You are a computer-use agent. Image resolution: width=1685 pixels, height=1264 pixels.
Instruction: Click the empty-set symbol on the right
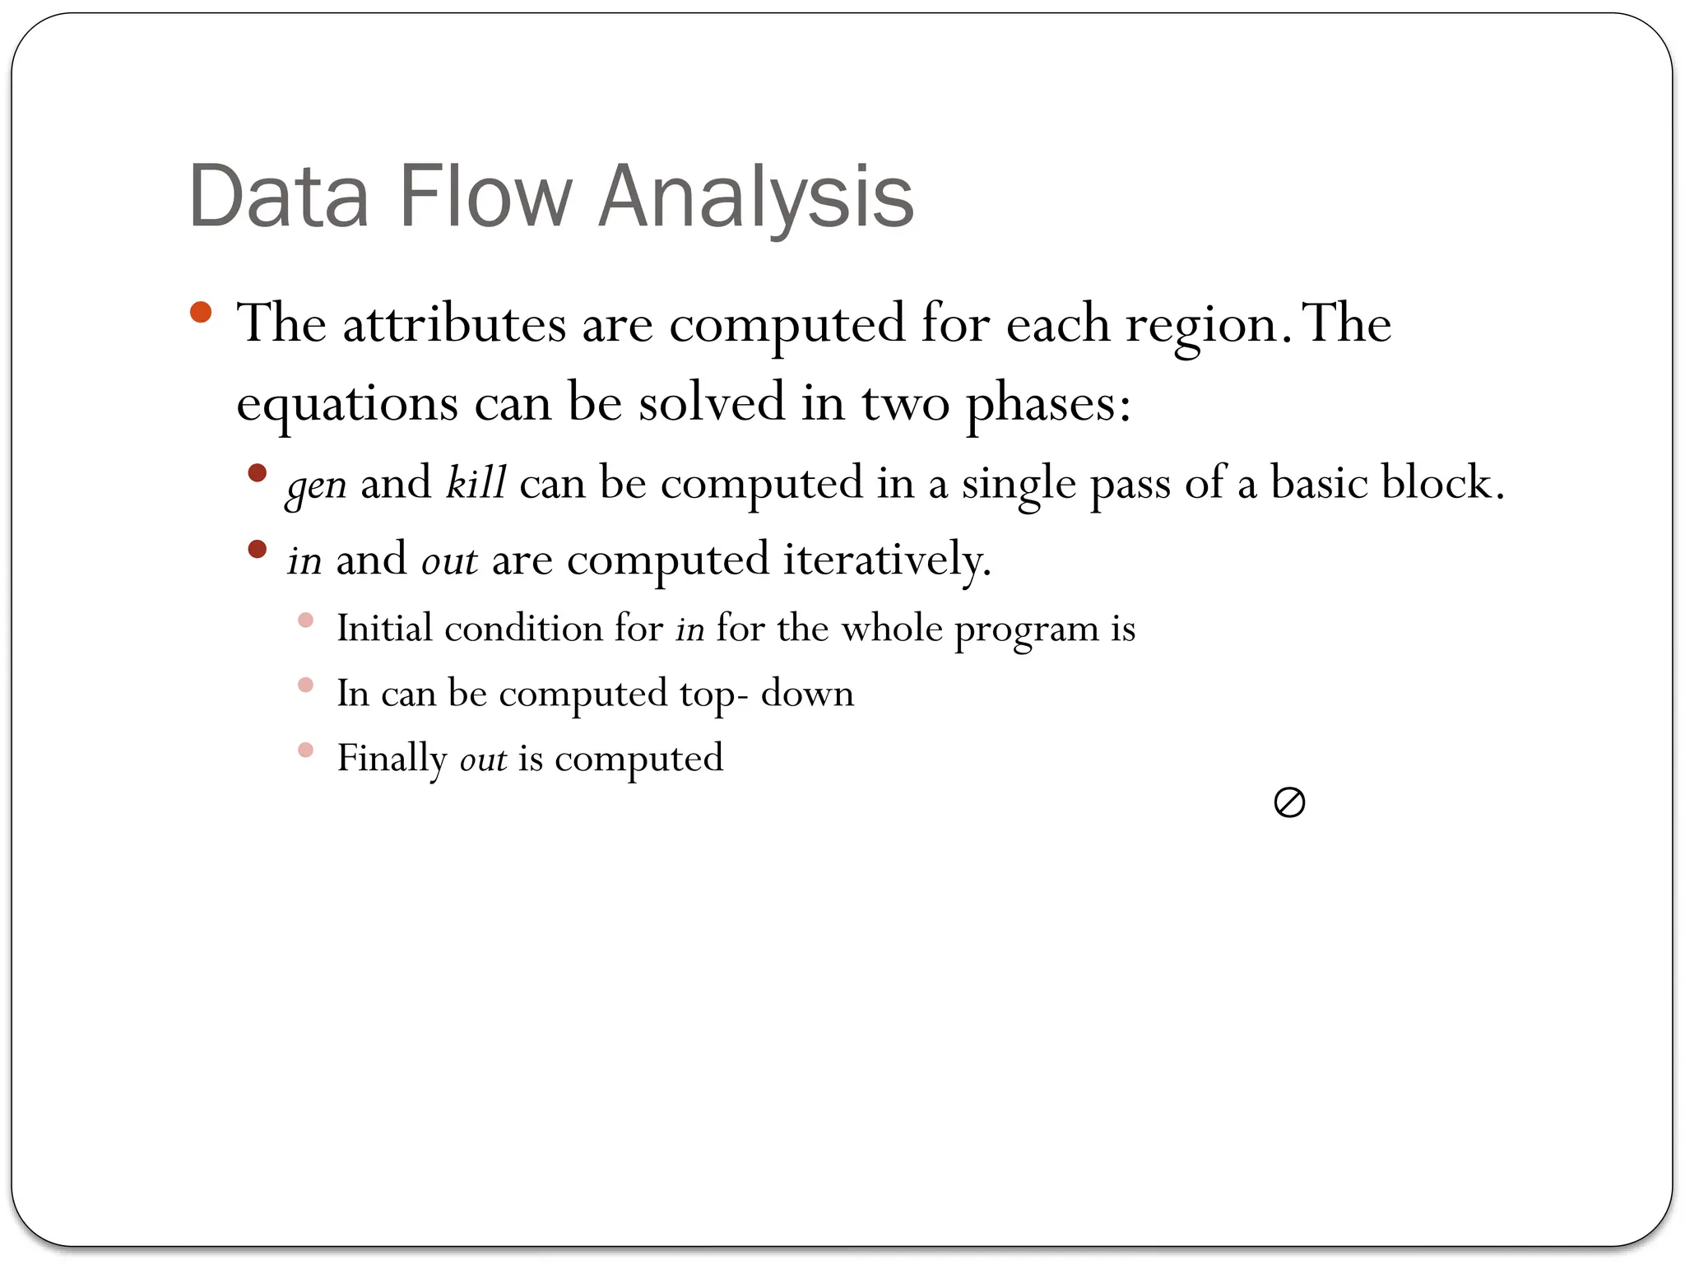click(x=1288, y=802)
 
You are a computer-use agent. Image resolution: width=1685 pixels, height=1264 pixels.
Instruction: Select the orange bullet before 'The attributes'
click(x=201, y=313)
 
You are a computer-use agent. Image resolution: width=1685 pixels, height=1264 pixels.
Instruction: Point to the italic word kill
click(x=476, y=482)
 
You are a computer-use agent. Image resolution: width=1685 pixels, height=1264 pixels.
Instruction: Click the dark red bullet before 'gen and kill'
click(x=258, y=472)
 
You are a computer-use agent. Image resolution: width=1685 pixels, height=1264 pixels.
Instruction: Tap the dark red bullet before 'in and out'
click(x=258, y=549)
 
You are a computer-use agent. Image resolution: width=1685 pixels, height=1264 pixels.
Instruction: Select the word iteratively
click(x=887, y=560)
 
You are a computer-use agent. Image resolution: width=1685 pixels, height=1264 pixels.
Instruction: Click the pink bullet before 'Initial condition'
click(x=305, y=620)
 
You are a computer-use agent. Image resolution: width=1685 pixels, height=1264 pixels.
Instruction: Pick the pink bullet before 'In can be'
click(x=305, y=685)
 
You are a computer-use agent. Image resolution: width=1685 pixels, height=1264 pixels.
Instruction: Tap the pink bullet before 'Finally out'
click(x=305, y=750)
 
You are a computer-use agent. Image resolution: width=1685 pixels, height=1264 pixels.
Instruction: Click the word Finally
click(x=392, y=759)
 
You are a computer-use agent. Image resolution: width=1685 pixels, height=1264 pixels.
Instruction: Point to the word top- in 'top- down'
click(x=714, y=695)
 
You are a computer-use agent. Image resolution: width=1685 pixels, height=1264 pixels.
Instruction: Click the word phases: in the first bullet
click(x=1047, y=405)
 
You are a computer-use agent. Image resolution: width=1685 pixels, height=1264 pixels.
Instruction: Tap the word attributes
click(x=454, y=324)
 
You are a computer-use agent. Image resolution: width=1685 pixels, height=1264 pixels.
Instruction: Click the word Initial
click(x=384, y=630)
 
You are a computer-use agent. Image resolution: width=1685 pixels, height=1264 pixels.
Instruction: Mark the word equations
click(x=347, y=405)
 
